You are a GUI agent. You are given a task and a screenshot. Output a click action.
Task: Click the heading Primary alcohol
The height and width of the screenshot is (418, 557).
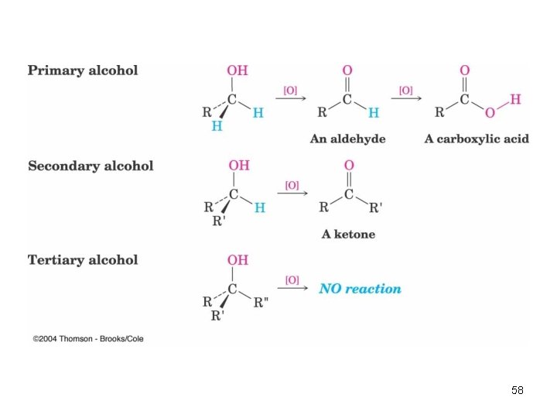coord(83,70)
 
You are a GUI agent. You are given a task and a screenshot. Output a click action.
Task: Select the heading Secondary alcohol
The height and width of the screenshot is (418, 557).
coord(91,166)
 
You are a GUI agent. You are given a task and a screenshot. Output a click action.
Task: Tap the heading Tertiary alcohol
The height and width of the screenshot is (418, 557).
coord(83,260)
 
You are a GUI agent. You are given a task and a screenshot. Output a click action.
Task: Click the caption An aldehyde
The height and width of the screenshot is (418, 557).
coord(348,139)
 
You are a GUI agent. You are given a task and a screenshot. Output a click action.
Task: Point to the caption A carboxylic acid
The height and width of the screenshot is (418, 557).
coord(477,139)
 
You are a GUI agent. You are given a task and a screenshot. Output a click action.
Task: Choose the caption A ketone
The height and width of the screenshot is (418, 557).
coord(348,234)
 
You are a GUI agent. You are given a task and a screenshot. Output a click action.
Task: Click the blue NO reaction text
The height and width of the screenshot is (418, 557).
coord(361,289)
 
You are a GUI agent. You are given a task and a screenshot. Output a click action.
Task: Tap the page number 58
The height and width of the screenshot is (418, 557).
coord(518,390)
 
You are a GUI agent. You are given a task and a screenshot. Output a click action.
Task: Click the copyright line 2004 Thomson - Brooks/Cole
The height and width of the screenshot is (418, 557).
coord(88,339)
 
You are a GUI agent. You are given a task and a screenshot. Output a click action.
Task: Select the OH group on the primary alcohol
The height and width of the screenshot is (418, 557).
coord(237,70)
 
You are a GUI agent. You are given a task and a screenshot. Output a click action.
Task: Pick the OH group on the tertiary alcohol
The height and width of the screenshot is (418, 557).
coord(237,260)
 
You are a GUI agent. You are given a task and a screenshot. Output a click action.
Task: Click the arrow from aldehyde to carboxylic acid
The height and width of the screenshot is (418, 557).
coord(406,98)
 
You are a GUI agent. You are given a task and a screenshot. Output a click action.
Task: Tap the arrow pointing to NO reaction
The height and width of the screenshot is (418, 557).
coord(292,288)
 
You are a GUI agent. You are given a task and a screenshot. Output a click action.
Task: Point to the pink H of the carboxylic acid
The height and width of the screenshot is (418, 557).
coord(515,99)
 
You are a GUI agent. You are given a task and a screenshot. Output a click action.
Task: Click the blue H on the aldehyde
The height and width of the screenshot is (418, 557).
coord(374,113)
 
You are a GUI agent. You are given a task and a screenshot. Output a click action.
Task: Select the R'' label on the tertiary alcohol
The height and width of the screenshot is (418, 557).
coord(261,303)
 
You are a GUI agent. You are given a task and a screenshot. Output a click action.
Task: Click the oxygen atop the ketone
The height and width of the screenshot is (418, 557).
coord(349,165)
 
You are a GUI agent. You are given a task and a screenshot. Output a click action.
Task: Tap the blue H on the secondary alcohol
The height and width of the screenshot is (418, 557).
coord(260,207)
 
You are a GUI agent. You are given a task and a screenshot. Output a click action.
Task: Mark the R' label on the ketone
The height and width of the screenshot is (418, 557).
coord(376,207)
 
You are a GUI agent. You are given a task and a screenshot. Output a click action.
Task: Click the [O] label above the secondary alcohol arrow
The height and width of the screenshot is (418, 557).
coord(292,185)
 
